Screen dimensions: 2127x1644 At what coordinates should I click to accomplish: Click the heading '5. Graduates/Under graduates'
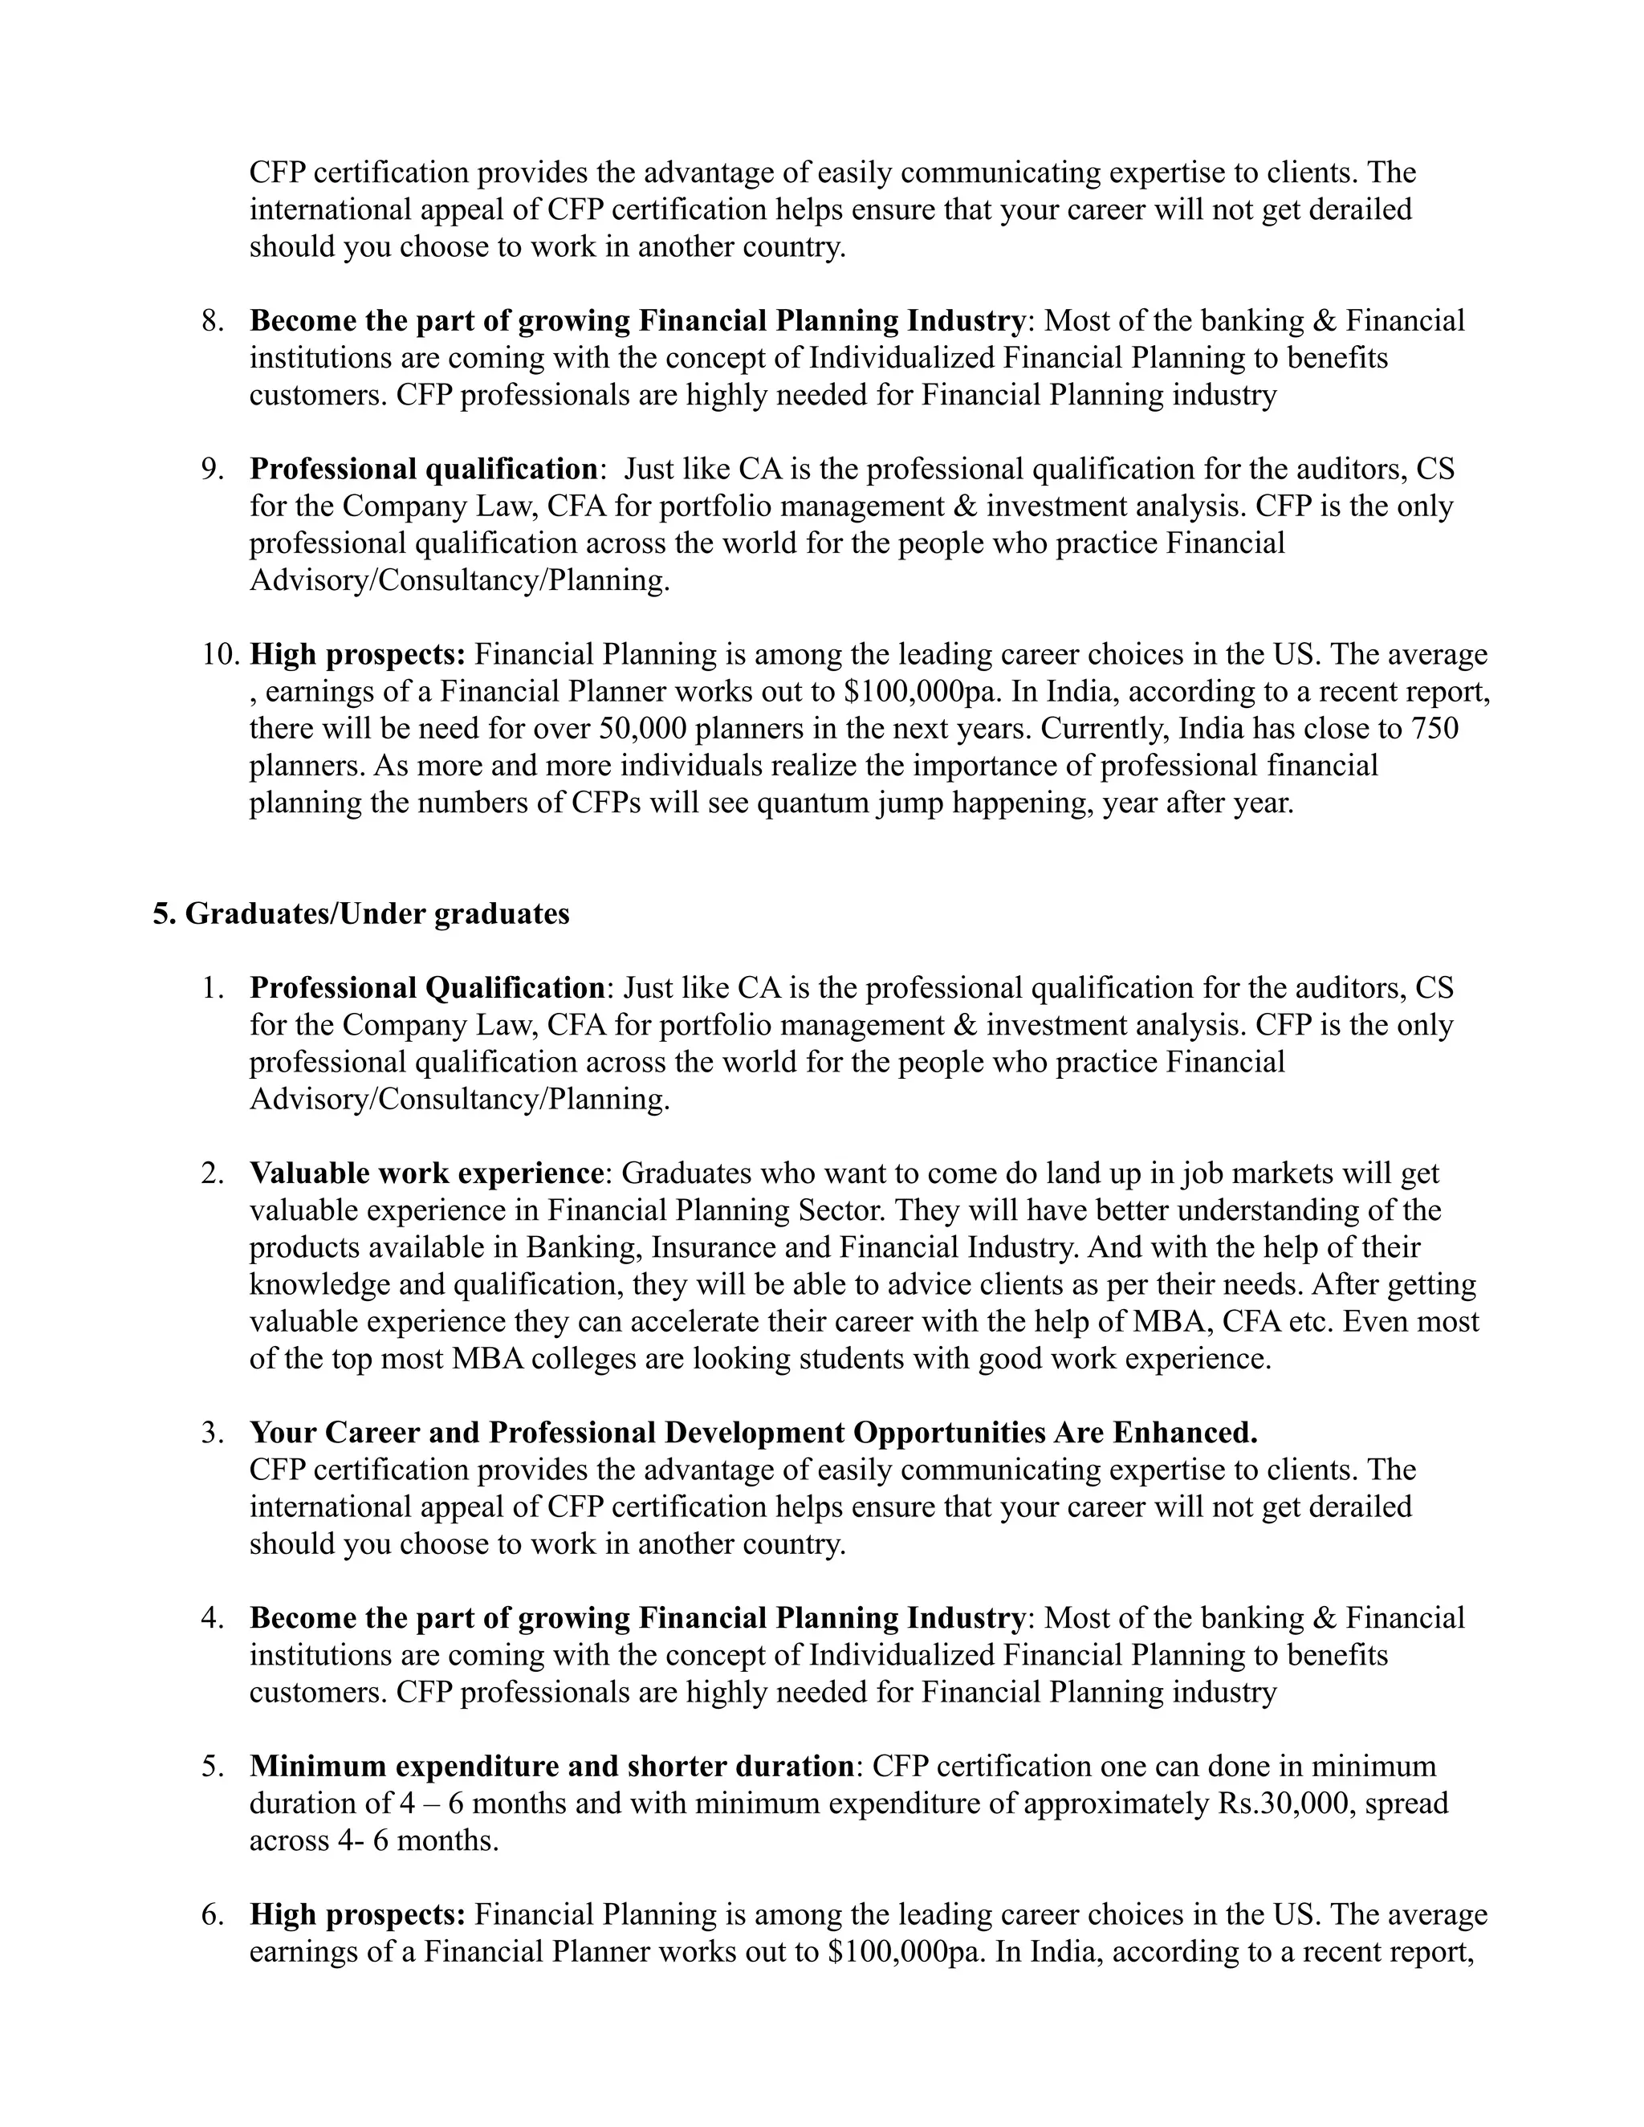point(360,913)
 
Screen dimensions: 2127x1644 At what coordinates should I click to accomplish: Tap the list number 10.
point(219,653)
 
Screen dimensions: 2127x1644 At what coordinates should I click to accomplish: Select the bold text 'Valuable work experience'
point(426,1173)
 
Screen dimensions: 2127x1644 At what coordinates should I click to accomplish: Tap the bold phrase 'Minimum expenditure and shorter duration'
point(551,1766)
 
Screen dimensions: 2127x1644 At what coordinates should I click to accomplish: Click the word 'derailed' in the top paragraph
point(1360,209)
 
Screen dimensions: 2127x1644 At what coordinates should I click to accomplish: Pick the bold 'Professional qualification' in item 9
point(424,469)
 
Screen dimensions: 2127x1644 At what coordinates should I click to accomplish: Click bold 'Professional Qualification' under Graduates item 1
point(426,987)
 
